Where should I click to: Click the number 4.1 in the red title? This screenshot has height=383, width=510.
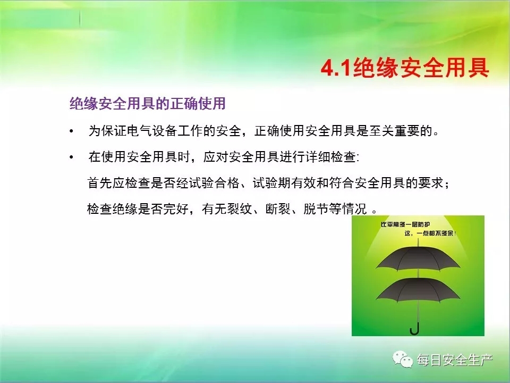(x=336, y=69)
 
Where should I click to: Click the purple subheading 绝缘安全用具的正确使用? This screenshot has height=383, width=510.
(x=147, y=104)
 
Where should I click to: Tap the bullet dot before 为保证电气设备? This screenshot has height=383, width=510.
(x=71, y=131)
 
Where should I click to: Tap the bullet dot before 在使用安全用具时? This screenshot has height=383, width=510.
(x=71, y=157)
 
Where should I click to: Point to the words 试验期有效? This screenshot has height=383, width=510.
(x=284, y=183)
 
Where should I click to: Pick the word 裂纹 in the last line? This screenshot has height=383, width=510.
(x=240, y=209)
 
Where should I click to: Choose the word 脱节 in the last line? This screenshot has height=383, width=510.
(x=316, y=209)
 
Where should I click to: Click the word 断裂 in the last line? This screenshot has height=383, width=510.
(x=278, y=209)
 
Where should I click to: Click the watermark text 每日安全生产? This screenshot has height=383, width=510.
(x=455, y=360)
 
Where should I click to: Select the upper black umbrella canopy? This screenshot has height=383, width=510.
(x=418, y=259)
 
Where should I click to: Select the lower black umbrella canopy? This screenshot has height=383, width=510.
(x=418, y=290)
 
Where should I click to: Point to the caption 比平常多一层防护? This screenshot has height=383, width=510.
(x=405, y=224)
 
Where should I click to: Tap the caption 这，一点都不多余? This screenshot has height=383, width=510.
(x=430, y=233)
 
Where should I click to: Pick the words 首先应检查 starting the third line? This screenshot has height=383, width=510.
(x=118, y=183)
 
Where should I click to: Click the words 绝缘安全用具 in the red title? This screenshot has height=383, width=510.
(x=421, y=69)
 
